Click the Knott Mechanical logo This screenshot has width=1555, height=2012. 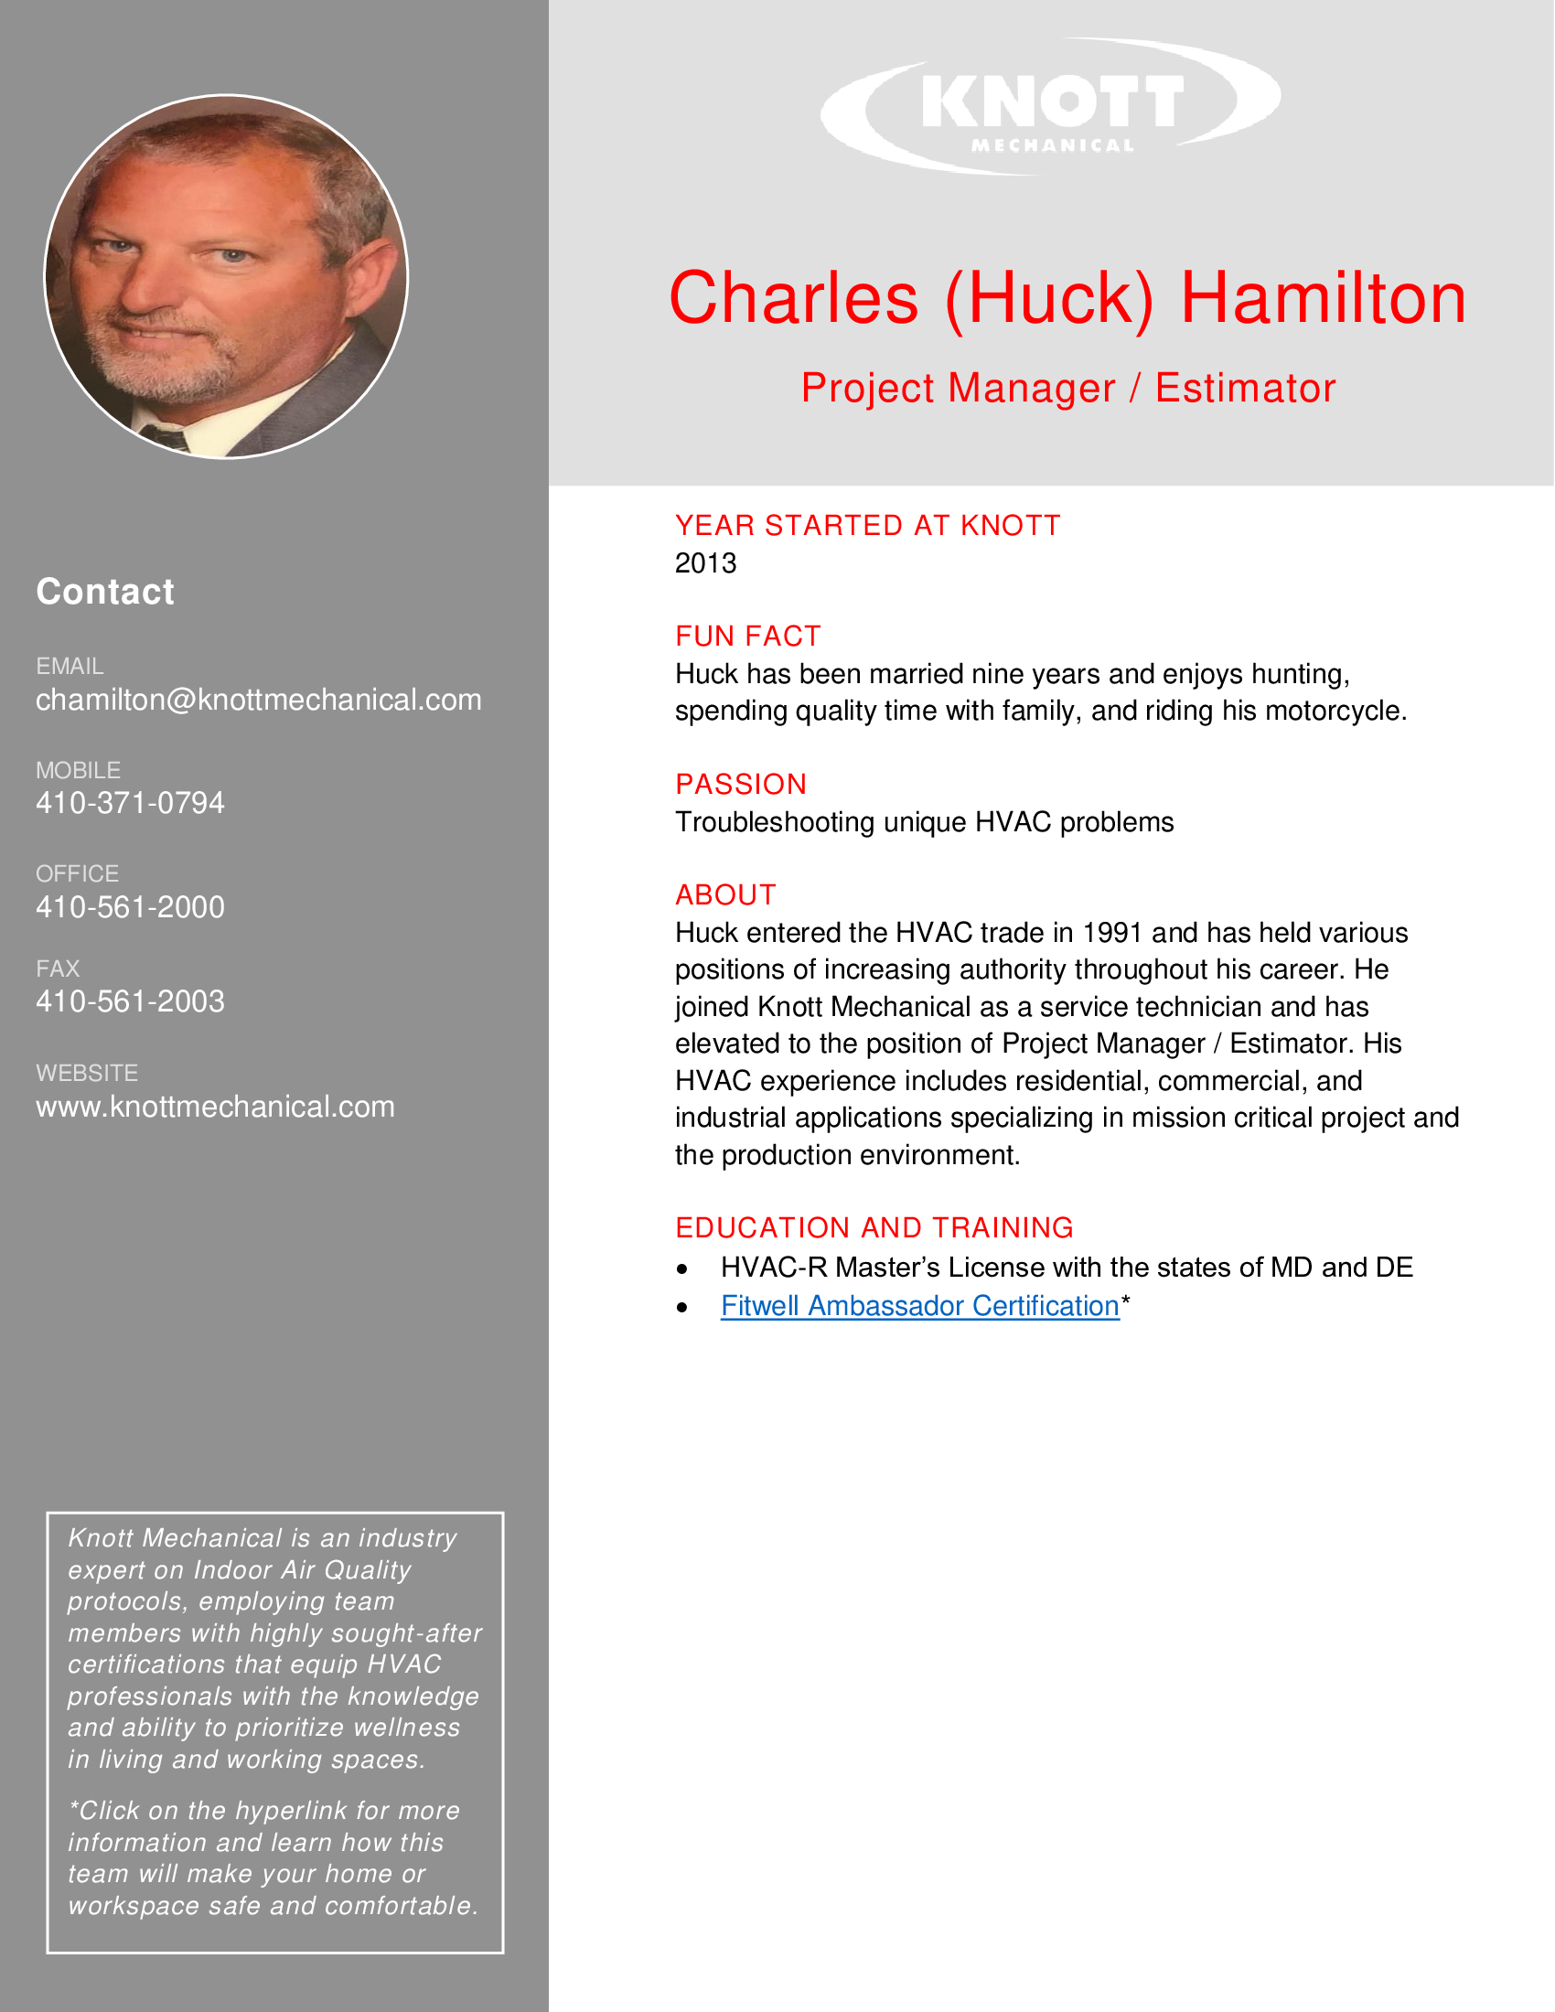point(1050,106)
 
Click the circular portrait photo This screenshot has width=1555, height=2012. point(226,276)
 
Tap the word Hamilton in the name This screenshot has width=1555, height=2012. point(1323,298)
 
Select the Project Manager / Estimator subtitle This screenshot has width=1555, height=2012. point(1067,388)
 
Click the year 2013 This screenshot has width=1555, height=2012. point(705,562)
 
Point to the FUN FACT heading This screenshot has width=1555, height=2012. point(747,636)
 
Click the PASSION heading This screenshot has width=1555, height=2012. point(741,784)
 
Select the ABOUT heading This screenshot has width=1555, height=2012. point(725,894)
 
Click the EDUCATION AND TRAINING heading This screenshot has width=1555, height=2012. point(874,1227)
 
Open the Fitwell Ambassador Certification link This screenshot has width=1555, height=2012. point(919,1305)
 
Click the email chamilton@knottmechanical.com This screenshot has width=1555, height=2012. point(258,701)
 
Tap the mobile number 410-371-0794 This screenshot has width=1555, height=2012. point(130,803)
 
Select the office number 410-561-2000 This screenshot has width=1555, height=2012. point(130,907)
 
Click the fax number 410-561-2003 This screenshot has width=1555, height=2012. point(130,1001)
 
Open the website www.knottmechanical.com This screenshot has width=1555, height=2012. point(215,1107)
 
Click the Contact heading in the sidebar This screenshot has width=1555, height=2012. point(105,592)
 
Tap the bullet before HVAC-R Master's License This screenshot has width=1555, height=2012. point(681,1269)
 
